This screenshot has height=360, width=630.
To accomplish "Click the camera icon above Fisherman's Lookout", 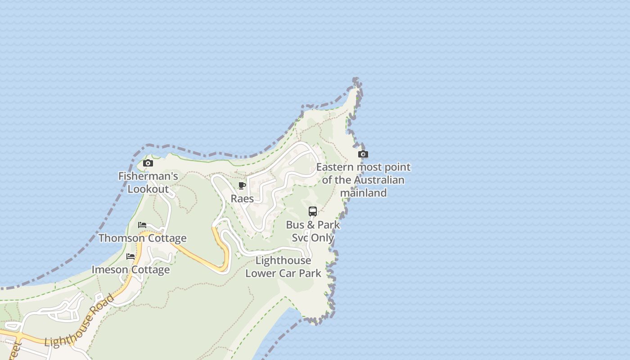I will tap(148, 163).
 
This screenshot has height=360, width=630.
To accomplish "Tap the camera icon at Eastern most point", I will tap(363, 154).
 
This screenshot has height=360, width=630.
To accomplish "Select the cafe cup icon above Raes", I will tap(242, 185).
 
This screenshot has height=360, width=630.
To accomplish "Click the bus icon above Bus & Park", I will tap(313, 211).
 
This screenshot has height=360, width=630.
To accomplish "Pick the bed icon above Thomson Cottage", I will tap(142, 225).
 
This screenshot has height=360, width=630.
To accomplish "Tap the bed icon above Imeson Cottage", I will tap(130, 256).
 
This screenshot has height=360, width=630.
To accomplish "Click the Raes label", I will tap(242, 198).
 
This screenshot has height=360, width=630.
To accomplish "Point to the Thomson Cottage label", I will tap(142, 238).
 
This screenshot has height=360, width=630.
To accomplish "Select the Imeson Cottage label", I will tap(130, 270).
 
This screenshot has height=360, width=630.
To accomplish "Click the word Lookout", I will tap(148, 189).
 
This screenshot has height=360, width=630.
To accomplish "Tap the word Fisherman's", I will tap(148, 176).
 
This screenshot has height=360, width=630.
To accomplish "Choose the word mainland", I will tap(363, 193).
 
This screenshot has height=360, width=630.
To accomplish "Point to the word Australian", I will tap(379, 180).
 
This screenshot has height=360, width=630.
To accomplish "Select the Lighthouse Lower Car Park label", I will tap(283, 266).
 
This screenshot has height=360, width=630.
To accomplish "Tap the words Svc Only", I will tap(313, 238).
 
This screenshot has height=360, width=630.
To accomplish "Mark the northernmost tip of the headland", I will tap(356, 79).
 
